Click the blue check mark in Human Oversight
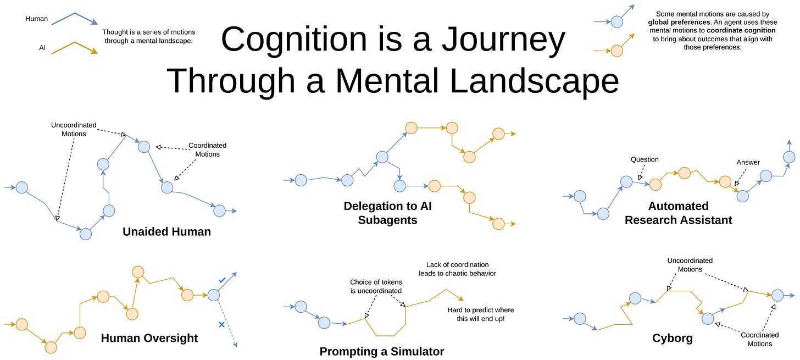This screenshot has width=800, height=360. [222, 280]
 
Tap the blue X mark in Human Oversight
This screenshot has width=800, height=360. [222, 325]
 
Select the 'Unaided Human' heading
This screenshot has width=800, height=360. [167, 232]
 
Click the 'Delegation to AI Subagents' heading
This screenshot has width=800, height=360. [387, 213]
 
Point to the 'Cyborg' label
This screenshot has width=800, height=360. [673, 338]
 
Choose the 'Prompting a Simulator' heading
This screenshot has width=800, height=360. [382, 351]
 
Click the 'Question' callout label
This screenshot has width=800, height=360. [645, 159]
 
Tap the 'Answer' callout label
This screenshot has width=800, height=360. [748, 162]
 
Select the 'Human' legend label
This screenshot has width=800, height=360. [36, 19]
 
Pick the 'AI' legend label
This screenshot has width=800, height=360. [42, 48]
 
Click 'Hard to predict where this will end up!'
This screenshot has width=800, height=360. [481, 314]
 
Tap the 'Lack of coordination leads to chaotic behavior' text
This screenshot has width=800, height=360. [458, 269]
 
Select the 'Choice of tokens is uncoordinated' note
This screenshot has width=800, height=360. [376, 286]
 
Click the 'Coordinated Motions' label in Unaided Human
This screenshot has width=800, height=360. [208, 149]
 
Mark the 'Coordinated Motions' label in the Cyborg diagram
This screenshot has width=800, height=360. [760, 339]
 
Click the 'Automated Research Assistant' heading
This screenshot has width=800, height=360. [678, 213]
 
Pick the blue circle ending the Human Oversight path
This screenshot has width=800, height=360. [214, 295]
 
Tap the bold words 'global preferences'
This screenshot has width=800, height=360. [679, 22]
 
